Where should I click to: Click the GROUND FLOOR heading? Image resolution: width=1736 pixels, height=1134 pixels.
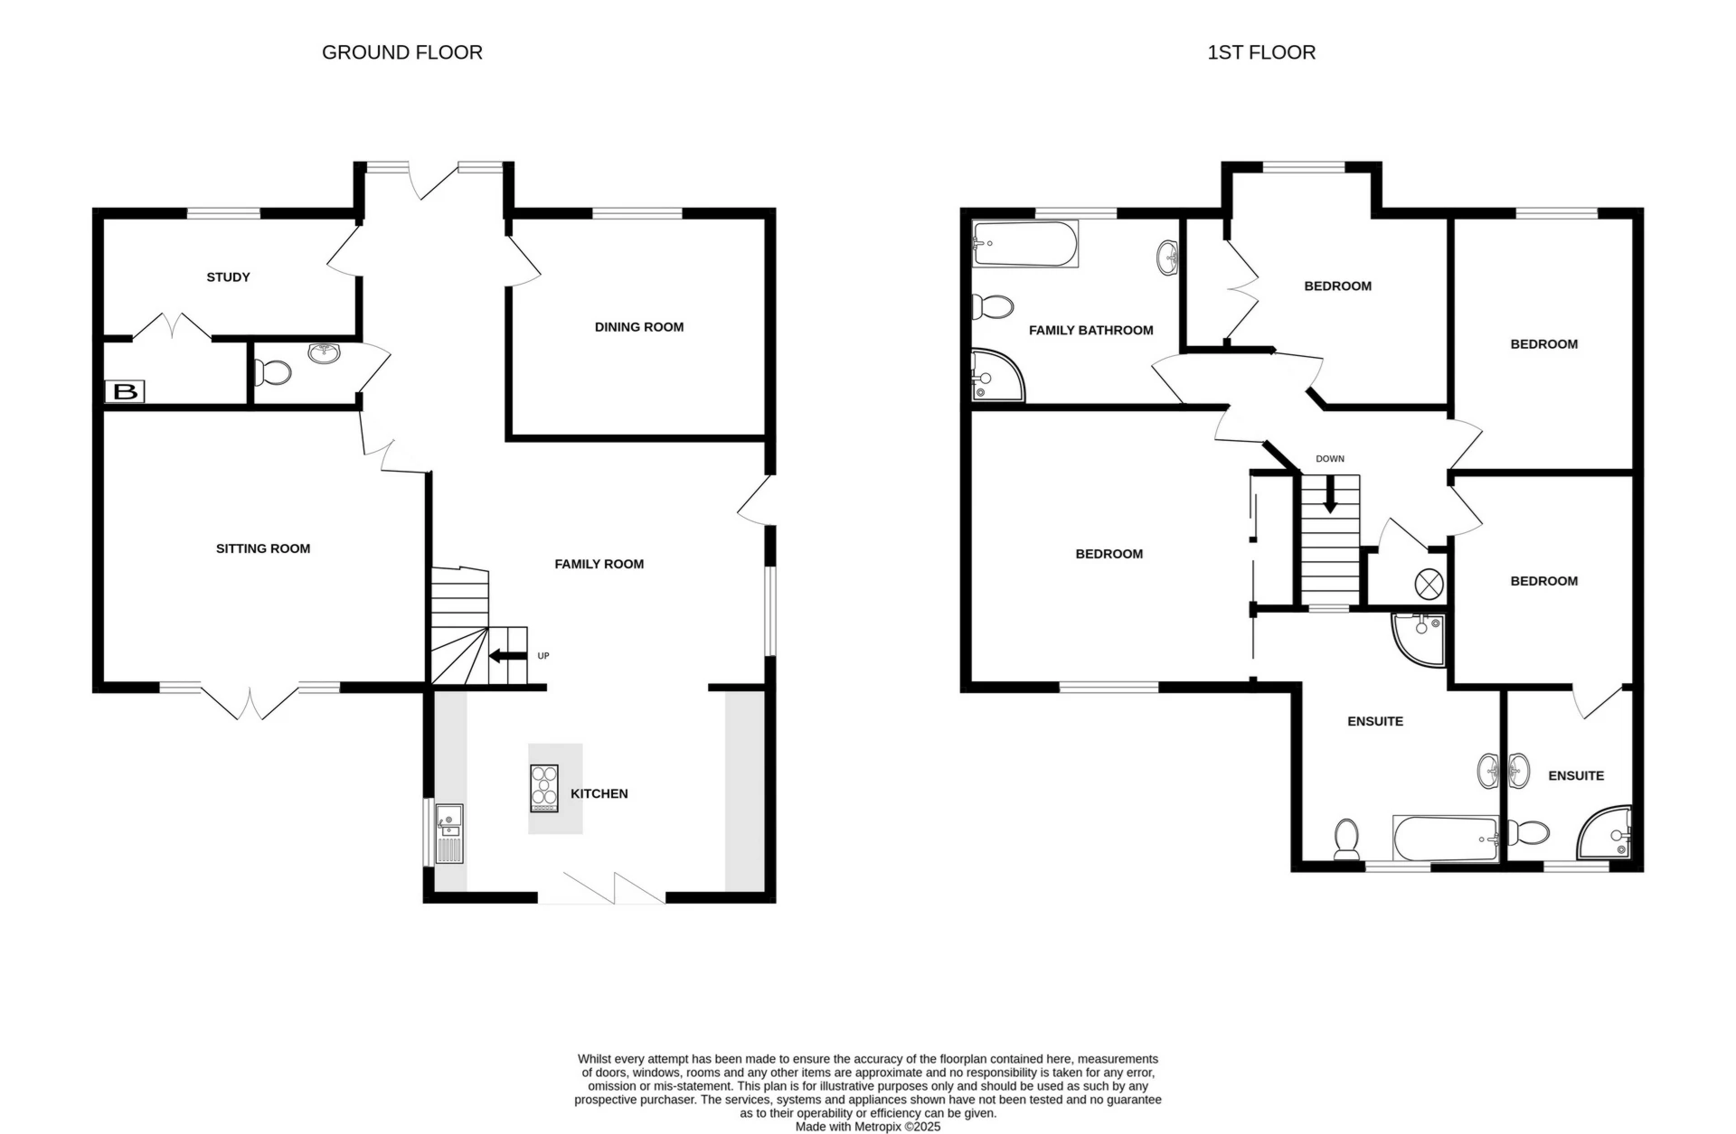click(x=402, y=52)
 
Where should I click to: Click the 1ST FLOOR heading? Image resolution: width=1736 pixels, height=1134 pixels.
click(x=1261, y=52)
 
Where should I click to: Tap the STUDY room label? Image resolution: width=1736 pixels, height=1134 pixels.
click(x=228, y=277)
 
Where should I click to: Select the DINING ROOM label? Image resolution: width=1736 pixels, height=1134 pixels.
click(x=639, y=327)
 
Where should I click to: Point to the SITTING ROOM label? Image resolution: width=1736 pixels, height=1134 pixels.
click(x=263, y=548)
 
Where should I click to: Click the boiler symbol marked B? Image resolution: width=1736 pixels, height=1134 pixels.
click(x=125, y=392)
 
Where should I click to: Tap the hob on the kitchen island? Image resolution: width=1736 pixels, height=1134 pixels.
click(x=544, y=788)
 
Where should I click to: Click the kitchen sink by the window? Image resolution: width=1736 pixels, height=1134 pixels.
click(x=449, y=834)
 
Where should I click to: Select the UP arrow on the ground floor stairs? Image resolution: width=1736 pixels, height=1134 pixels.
click(x=507, y=656)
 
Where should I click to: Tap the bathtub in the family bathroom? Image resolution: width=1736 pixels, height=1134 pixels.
click(x=1025, y=243)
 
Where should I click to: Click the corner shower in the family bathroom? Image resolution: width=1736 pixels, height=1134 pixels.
click(x=998, y=375)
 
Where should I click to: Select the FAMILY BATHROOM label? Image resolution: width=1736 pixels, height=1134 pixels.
click(x=1091, y=331)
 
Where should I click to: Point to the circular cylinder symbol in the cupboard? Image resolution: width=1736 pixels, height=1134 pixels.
click(x=1429, y=584)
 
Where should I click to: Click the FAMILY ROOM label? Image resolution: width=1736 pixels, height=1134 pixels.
click(x=599, y=564)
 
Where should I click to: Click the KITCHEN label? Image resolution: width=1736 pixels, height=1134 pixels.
click(x=599, y=793)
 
